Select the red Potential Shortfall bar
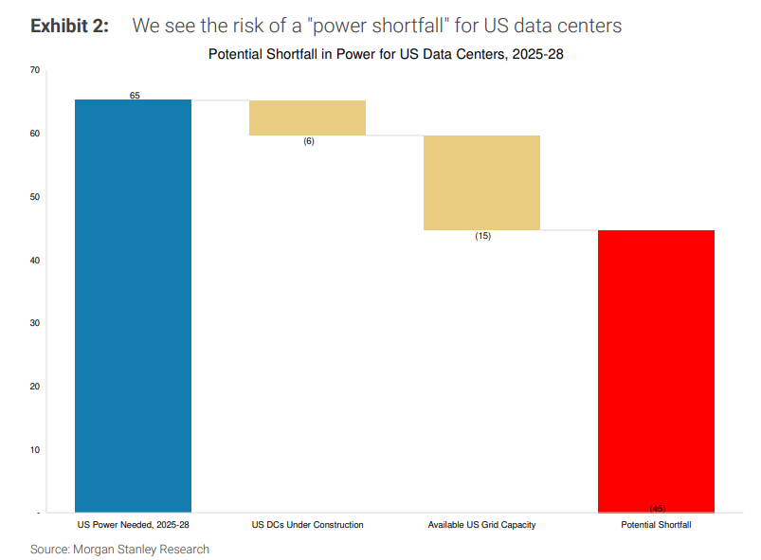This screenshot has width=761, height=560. click(x=656, y=370)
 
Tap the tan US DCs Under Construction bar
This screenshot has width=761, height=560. click(x=307, y=117)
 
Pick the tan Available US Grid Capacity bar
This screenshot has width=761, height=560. click(x=481, y=182)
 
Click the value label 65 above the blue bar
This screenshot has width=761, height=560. click(x=135, y=96)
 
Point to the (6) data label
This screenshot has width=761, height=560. click(x=308, y=141)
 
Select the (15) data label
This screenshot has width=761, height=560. click(x=482, y=236)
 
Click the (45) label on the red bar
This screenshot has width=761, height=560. click(x=657, y=509)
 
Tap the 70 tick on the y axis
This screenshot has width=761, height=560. click(x=34, y=70)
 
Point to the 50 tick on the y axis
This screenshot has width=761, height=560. click(x=34, y=197)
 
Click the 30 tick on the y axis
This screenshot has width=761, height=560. click(x=34, y=323)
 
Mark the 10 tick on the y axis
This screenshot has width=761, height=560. click(x=34, y=450)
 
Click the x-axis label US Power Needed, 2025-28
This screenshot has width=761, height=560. click(x=133, y=524)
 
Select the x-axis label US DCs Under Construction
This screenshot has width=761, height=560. click(x=307, y=524)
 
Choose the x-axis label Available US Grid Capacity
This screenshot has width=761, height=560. click(x=481, y=524)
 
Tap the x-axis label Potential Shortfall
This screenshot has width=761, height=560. click(x=656, y=524)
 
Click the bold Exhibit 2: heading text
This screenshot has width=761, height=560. click(x=69, y=26)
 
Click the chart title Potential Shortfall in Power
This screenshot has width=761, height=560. click(x=386, y=55)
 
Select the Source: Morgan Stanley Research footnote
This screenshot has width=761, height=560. click(x=119, y=550)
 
